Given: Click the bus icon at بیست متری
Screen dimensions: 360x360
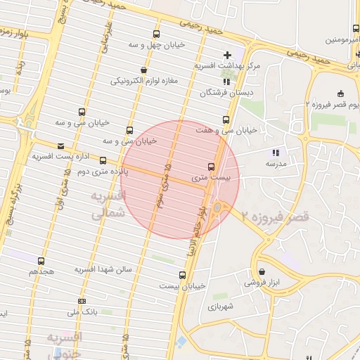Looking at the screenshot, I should coord(212,167).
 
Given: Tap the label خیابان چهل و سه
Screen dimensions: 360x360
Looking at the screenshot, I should coord(155,45).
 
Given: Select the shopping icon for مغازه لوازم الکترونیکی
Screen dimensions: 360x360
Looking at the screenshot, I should coord(144,70).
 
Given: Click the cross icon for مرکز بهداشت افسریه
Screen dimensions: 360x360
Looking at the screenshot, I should coord(227,55).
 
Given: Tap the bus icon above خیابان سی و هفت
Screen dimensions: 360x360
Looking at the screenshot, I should coord(226,120).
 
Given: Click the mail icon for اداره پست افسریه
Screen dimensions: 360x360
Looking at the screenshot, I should coord(60,146).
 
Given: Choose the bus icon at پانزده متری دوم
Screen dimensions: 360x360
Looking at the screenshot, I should coord(103,160).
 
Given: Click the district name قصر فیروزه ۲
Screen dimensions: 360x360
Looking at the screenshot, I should coord(275,217).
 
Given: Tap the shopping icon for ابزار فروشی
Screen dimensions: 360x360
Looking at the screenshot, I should coord(262,271).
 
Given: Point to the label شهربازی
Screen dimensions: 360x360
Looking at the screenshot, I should coord(219,307).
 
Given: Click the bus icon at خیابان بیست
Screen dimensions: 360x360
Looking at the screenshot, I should coord(183,275).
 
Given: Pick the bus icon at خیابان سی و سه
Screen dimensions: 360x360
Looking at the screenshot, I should coord(82,112).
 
